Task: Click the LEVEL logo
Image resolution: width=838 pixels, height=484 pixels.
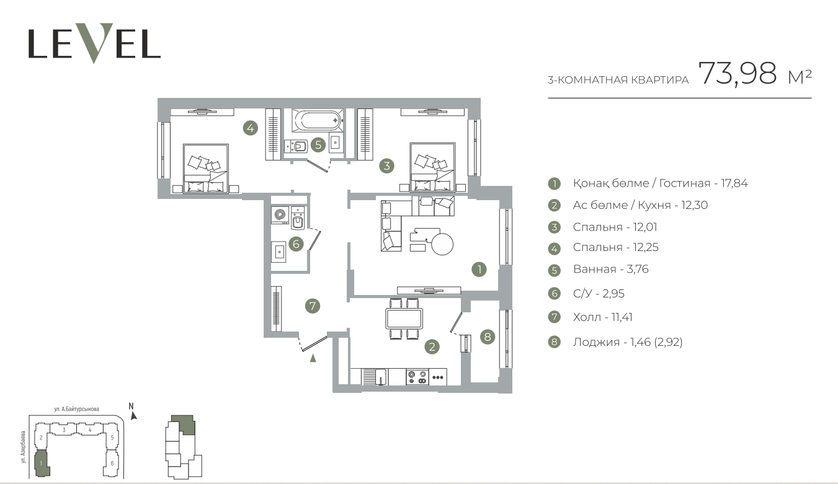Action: click(x=94, y=43)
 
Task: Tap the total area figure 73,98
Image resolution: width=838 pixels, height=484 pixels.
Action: click(x=738, y=74)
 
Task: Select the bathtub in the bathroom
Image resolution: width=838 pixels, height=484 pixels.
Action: click(x=317, y=120)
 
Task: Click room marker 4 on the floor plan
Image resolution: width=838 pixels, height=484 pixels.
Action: click(x=250, y=128)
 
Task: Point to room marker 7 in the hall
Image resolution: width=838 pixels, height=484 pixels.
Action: click(x=313, y=306)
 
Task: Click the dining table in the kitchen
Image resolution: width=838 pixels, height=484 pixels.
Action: click(x=404, y=319)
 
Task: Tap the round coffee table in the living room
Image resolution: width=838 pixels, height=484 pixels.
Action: click(x=442, y=244)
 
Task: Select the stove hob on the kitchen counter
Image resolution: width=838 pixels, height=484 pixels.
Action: click(x=417, y=377)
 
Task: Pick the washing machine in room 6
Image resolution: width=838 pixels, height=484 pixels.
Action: click(x=280, y=215)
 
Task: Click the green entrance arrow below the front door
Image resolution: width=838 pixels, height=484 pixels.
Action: click(x=313, y=358)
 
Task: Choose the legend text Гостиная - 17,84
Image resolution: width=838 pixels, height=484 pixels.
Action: click(x=703, y=183)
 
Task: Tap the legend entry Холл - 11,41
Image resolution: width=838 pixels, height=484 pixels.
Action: click(x=603, y=317)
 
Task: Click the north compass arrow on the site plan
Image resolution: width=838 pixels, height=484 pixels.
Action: click(x=133, y=415)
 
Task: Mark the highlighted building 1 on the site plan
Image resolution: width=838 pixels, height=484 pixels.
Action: click(x=42, y=464)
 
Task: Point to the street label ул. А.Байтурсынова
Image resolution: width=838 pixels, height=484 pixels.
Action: click(x=77, y=409)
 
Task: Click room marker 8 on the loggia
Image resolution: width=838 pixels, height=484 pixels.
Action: click(x=488, y=337)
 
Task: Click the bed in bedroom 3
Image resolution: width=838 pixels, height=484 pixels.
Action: click(x=432, y=167)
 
